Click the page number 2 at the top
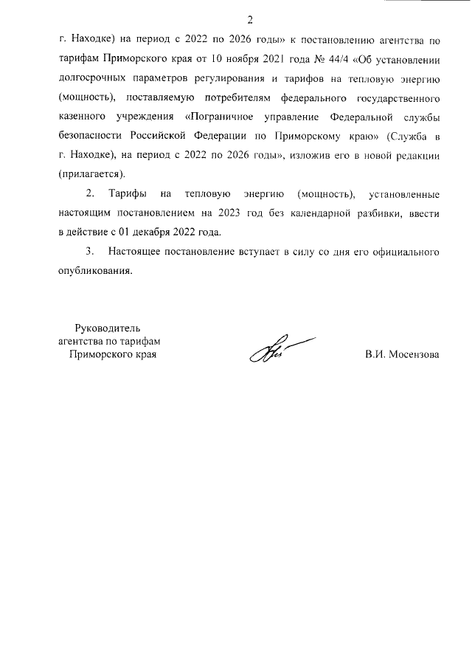(x=250, y=19)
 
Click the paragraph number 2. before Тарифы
(x=91, y=194)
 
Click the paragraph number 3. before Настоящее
(x=91, y=252)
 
